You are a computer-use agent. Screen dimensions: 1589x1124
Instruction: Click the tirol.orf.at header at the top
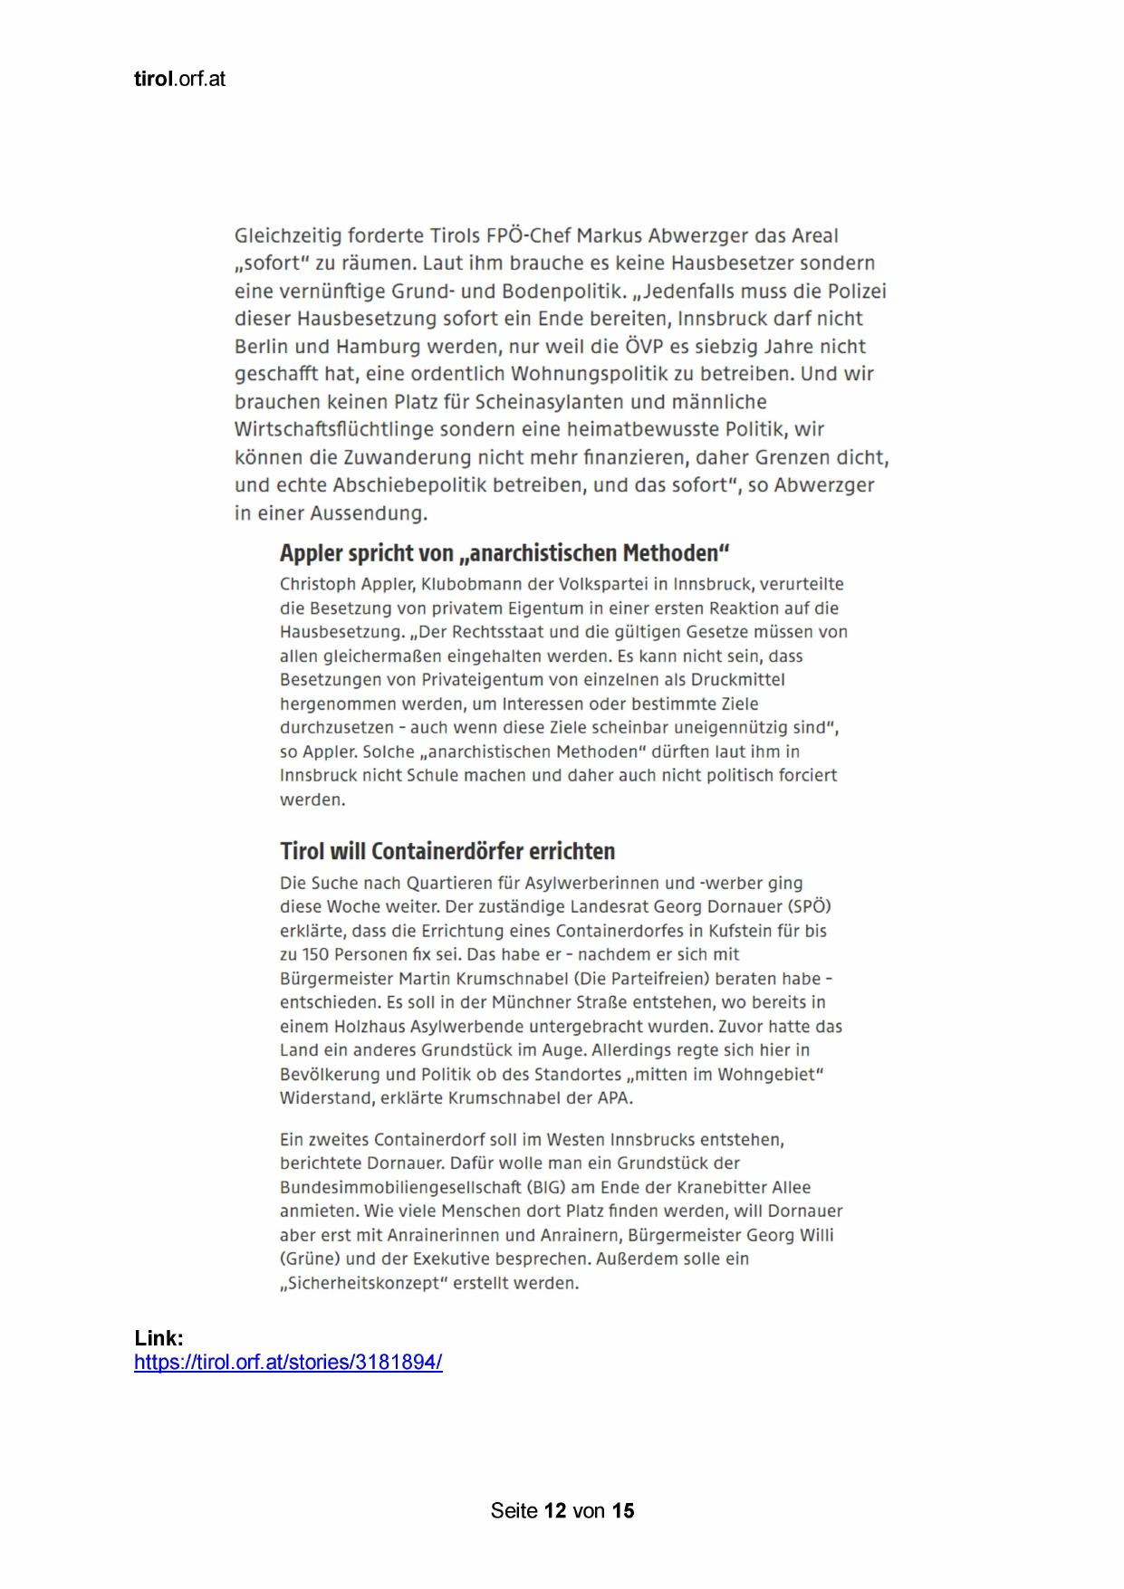[179, 79]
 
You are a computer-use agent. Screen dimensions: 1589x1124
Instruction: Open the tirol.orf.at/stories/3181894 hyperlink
[288, 1362]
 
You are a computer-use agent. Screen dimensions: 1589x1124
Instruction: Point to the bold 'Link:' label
[159, 1337]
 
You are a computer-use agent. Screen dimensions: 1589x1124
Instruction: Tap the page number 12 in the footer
[555, 1510]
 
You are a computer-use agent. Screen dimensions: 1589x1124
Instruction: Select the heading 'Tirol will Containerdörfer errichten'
[447, 851]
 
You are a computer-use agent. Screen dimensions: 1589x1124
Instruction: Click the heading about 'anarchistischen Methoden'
[504, 552]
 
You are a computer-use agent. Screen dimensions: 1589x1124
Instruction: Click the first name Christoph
[318, 584]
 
